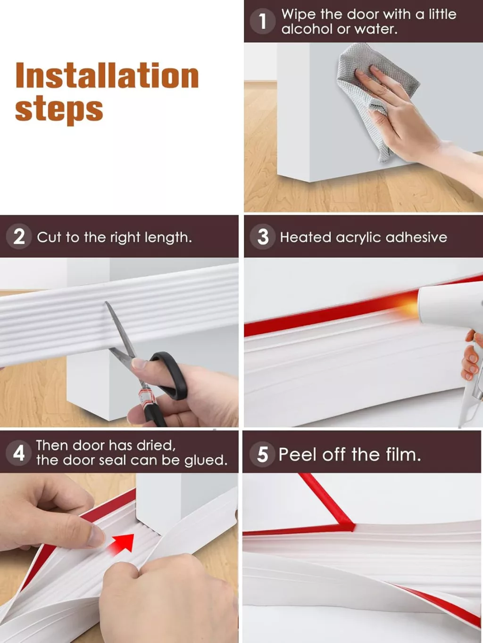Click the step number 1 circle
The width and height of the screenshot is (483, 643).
[262, 21]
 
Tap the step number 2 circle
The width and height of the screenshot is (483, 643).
[19, 236]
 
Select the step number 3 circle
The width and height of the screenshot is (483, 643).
[263, 236]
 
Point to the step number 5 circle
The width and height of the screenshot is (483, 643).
[262, 455]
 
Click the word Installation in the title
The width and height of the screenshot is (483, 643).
[107, 75]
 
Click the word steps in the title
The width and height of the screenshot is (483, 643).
[59, 110]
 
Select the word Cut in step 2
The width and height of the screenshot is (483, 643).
[49, 237]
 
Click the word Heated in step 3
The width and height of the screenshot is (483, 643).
[306, 237]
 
